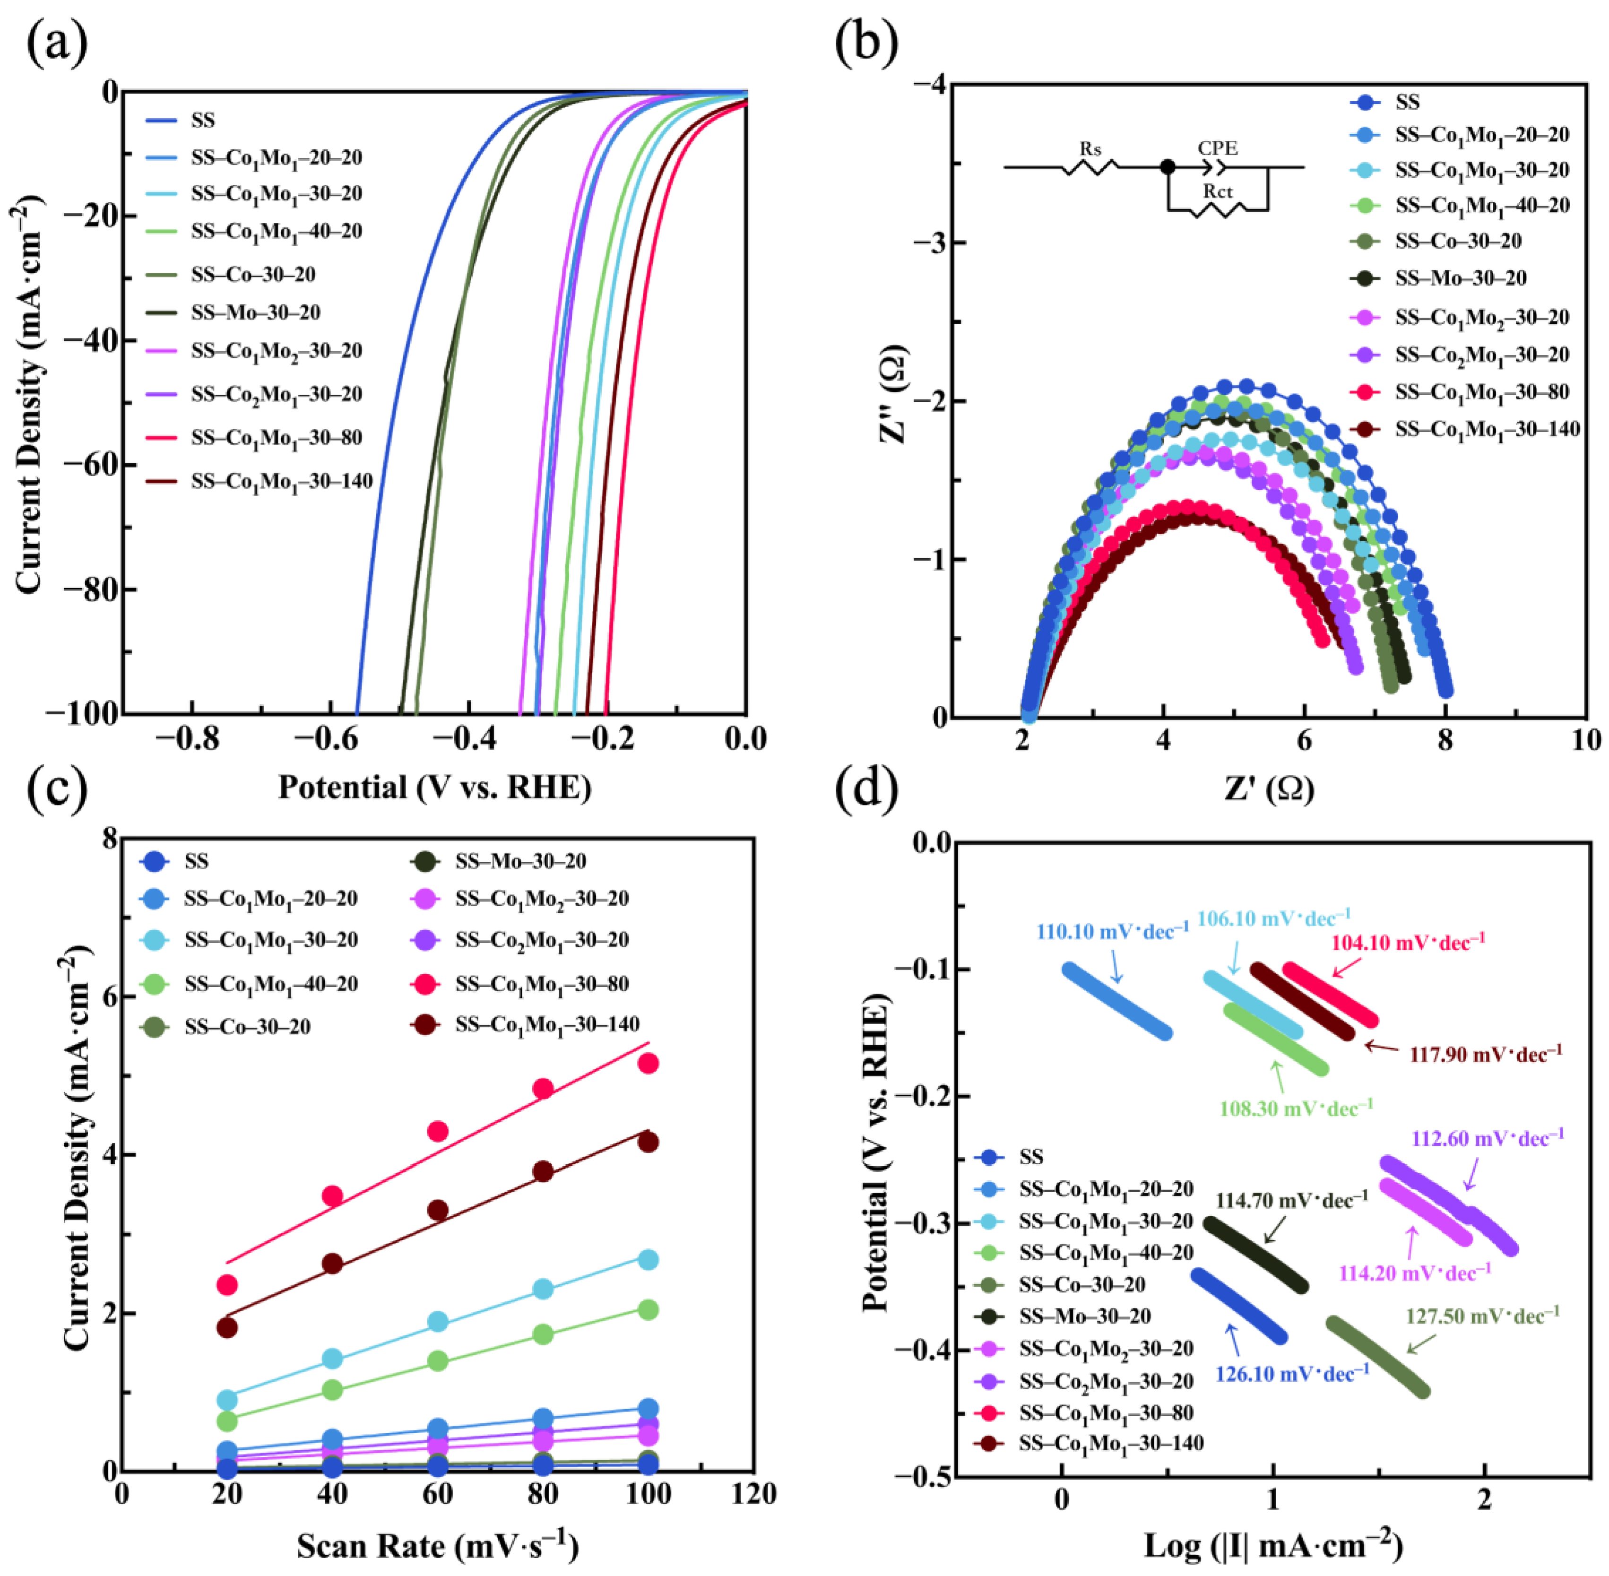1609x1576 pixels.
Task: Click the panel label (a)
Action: click(x=56, y=43)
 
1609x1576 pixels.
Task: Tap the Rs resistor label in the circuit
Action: click(x=1090, y=149)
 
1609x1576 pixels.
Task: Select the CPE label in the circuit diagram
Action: click(x=1218, y=148)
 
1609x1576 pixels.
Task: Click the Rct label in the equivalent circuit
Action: click(x=1218, y=191)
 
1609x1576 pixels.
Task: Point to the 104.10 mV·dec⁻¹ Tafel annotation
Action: click(x=1408, y=942)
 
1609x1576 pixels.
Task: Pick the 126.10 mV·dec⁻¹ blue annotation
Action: click(x=1292, y=1374)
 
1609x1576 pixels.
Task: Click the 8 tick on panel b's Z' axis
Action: click(x=1445, y=740)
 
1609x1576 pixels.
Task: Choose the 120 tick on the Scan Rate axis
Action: click(x=754, y=1494)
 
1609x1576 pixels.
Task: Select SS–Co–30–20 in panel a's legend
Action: click(x=252, y=274)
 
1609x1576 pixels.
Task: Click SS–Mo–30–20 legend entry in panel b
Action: click(x=1460, y=278)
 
